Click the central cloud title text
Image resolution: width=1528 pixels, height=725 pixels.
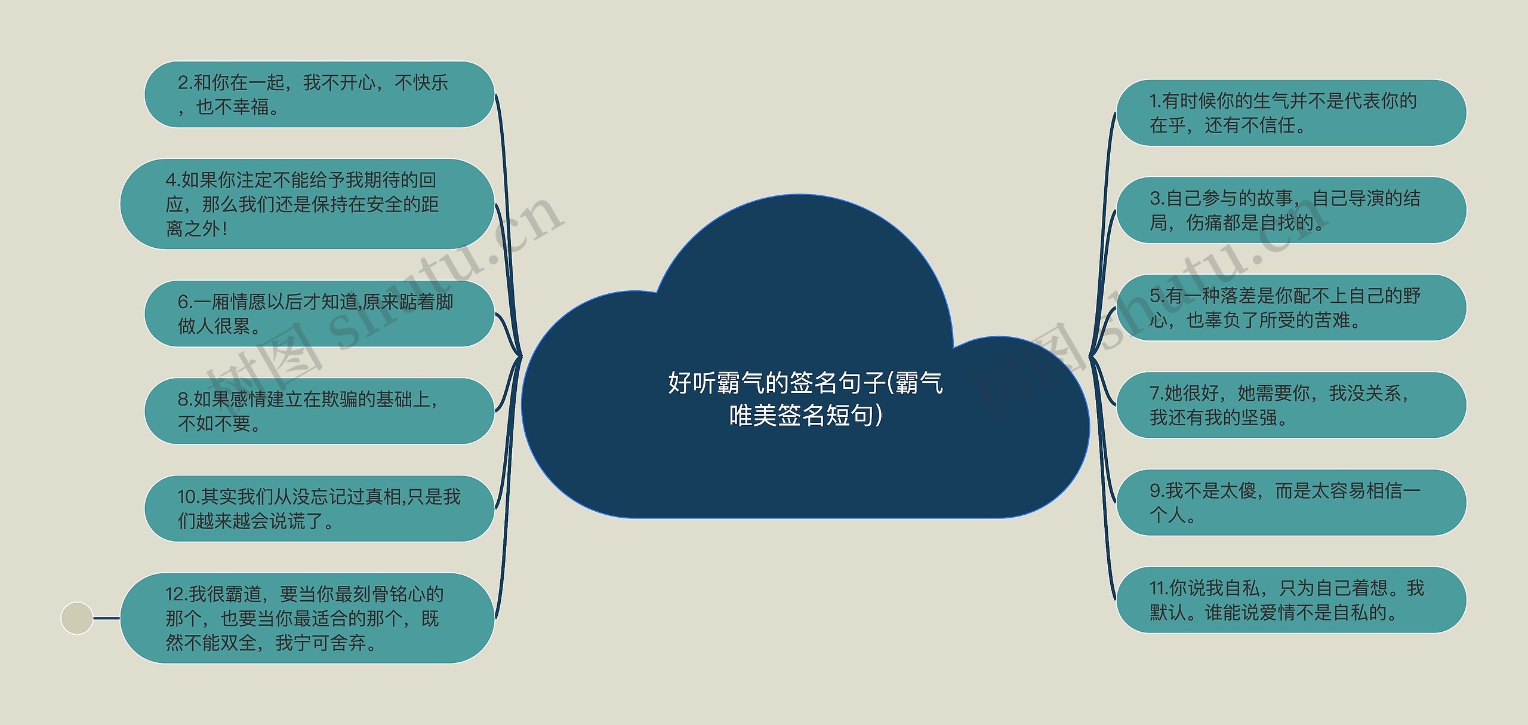pos(805,398)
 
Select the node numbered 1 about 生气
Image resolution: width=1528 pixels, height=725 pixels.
pos(1290,113)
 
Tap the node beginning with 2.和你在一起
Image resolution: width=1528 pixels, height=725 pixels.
pos(319,94)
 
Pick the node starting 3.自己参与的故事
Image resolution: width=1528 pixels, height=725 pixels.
pos(1290,210)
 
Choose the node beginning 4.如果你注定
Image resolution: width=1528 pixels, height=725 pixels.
pos(307,204)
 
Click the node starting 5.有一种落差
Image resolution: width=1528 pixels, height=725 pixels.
pos(1290,308)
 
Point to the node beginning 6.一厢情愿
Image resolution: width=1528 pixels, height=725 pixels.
pos(319,314)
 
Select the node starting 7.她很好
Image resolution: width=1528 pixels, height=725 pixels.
pos(1290,405)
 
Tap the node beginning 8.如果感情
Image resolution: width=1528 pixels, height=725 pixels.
pos(319,411)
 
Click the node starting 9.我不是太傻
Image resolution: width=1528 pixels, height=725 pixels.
pos(1290,502)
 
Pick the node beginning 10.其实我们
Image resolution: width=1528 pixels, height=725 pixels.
pos(319,508)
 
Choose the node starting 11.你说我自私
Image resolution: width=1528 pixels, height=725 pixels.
pos(1290,600)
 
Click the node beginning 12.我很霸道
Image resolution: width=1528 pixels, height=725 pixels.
pos(307,618)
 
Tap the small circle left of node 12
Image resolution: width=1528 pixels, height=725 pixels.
pos(77,618)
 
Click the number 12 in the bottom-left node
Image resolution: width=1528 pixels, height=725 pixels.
pos(176,594)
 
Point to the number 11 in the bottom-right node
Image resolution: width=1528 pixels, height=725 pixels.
pos(1159,589)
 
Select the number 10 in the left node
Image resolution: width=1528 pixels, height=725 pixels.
pos(188,497)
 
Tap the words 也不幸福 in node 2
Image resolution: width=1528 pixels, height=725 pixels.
pos(233,107)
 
